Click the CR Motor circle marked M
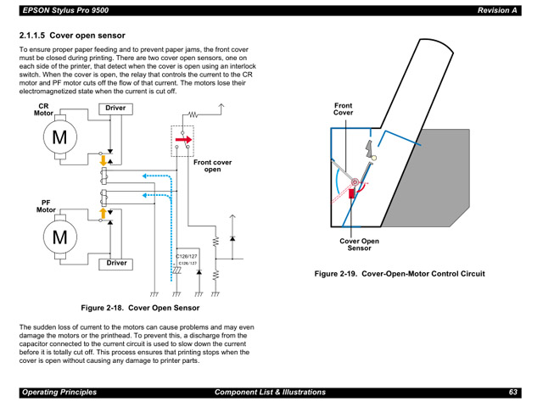coord(59,136)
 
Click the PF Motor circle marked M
coord(59,237)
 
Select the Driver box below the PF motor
coord(115,263)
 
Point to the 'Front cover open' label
coord(212,165)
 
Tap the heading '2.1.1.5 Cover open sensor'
coord(72,36)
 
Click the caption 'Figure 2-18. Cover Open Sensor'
coord(140,308)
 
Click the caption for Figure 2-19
coord(400,274)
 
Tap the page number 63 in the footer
coord(513,392)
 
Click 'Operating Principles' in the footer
coord(59,392)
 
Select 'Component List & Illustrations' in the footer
coord(270,392)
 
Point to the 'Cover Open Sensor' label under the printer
coord(360,244)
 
